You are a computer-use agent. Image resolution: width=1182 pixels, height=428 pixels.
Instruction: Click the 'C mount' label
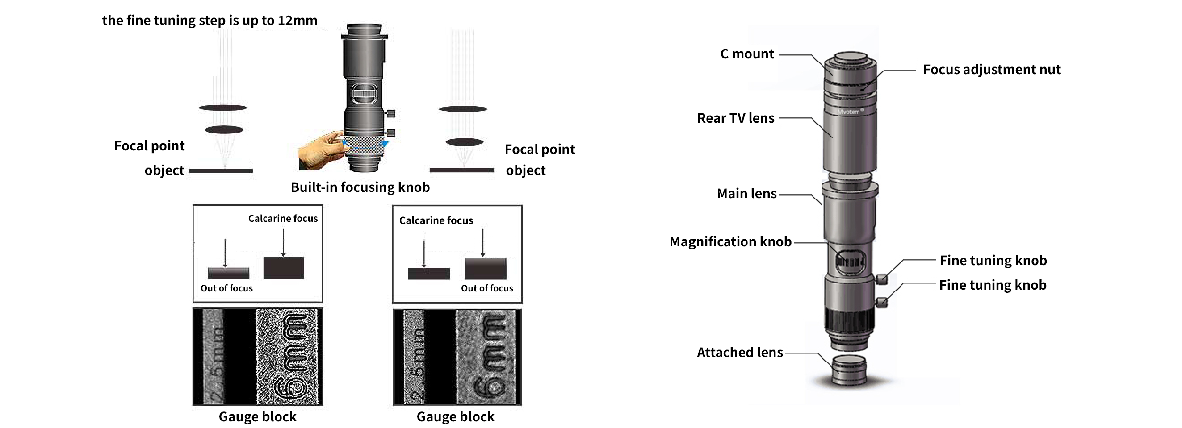point(746,54)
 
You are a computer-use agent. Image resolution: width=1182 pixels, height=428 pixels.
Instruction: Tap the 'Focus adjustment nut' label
point(991,70)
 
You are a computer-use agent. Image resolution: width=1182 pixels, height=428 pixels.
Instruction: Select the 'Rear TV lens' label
point(735,118)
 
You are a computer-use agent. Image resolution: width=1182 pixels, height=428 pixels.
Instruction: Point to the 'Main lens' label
point(746,194)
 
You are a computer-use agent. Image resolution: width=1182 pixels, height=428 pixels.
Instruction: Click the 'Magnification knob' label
point(730,242)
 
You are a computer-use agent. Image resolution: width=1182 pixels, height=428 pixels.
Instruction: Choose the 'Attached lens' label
point(739,353)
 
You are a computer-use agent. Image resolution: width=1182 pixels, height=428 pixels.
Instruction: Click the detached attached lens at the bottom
point(849,370)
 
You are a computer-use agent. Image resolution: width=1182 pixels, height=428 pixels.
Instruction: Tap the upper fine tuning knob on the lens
point(881,278)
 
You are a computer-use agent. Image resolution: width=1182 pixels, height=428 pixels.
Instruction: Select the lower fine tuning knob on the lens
point(881,303)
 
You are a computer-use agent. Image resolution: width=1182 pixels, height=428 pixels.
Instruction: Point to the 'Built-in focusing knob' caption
point(360,187)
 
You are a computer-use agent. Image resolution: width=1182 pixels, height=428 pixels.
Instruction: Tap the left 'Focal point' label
point(149,146)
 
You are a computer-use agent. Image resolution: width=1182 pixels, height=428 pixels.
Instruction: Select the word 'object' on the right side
point(525,170)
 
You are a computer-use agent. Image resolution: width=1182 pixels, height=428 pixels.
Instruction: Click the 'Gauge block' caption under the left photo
point(257,416)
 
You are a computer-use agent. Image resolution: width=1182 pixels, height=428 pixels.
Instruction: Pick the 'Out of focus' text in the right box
point(487,288)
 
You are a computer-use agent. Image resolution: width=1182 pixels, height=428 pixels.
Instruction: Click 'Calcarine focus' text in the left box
point(283,219)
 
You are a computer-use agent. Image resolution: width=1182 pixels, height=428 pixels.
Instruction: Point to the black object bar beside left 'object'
point(221,171)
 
